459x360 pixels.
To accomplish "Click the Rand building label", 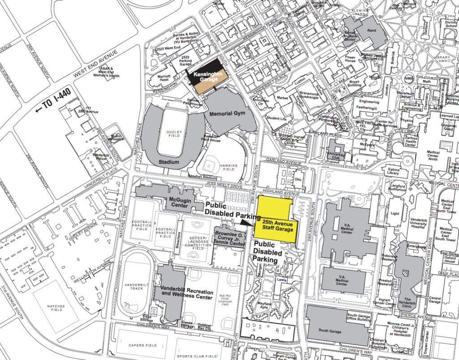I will click(x=372, y=31).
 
